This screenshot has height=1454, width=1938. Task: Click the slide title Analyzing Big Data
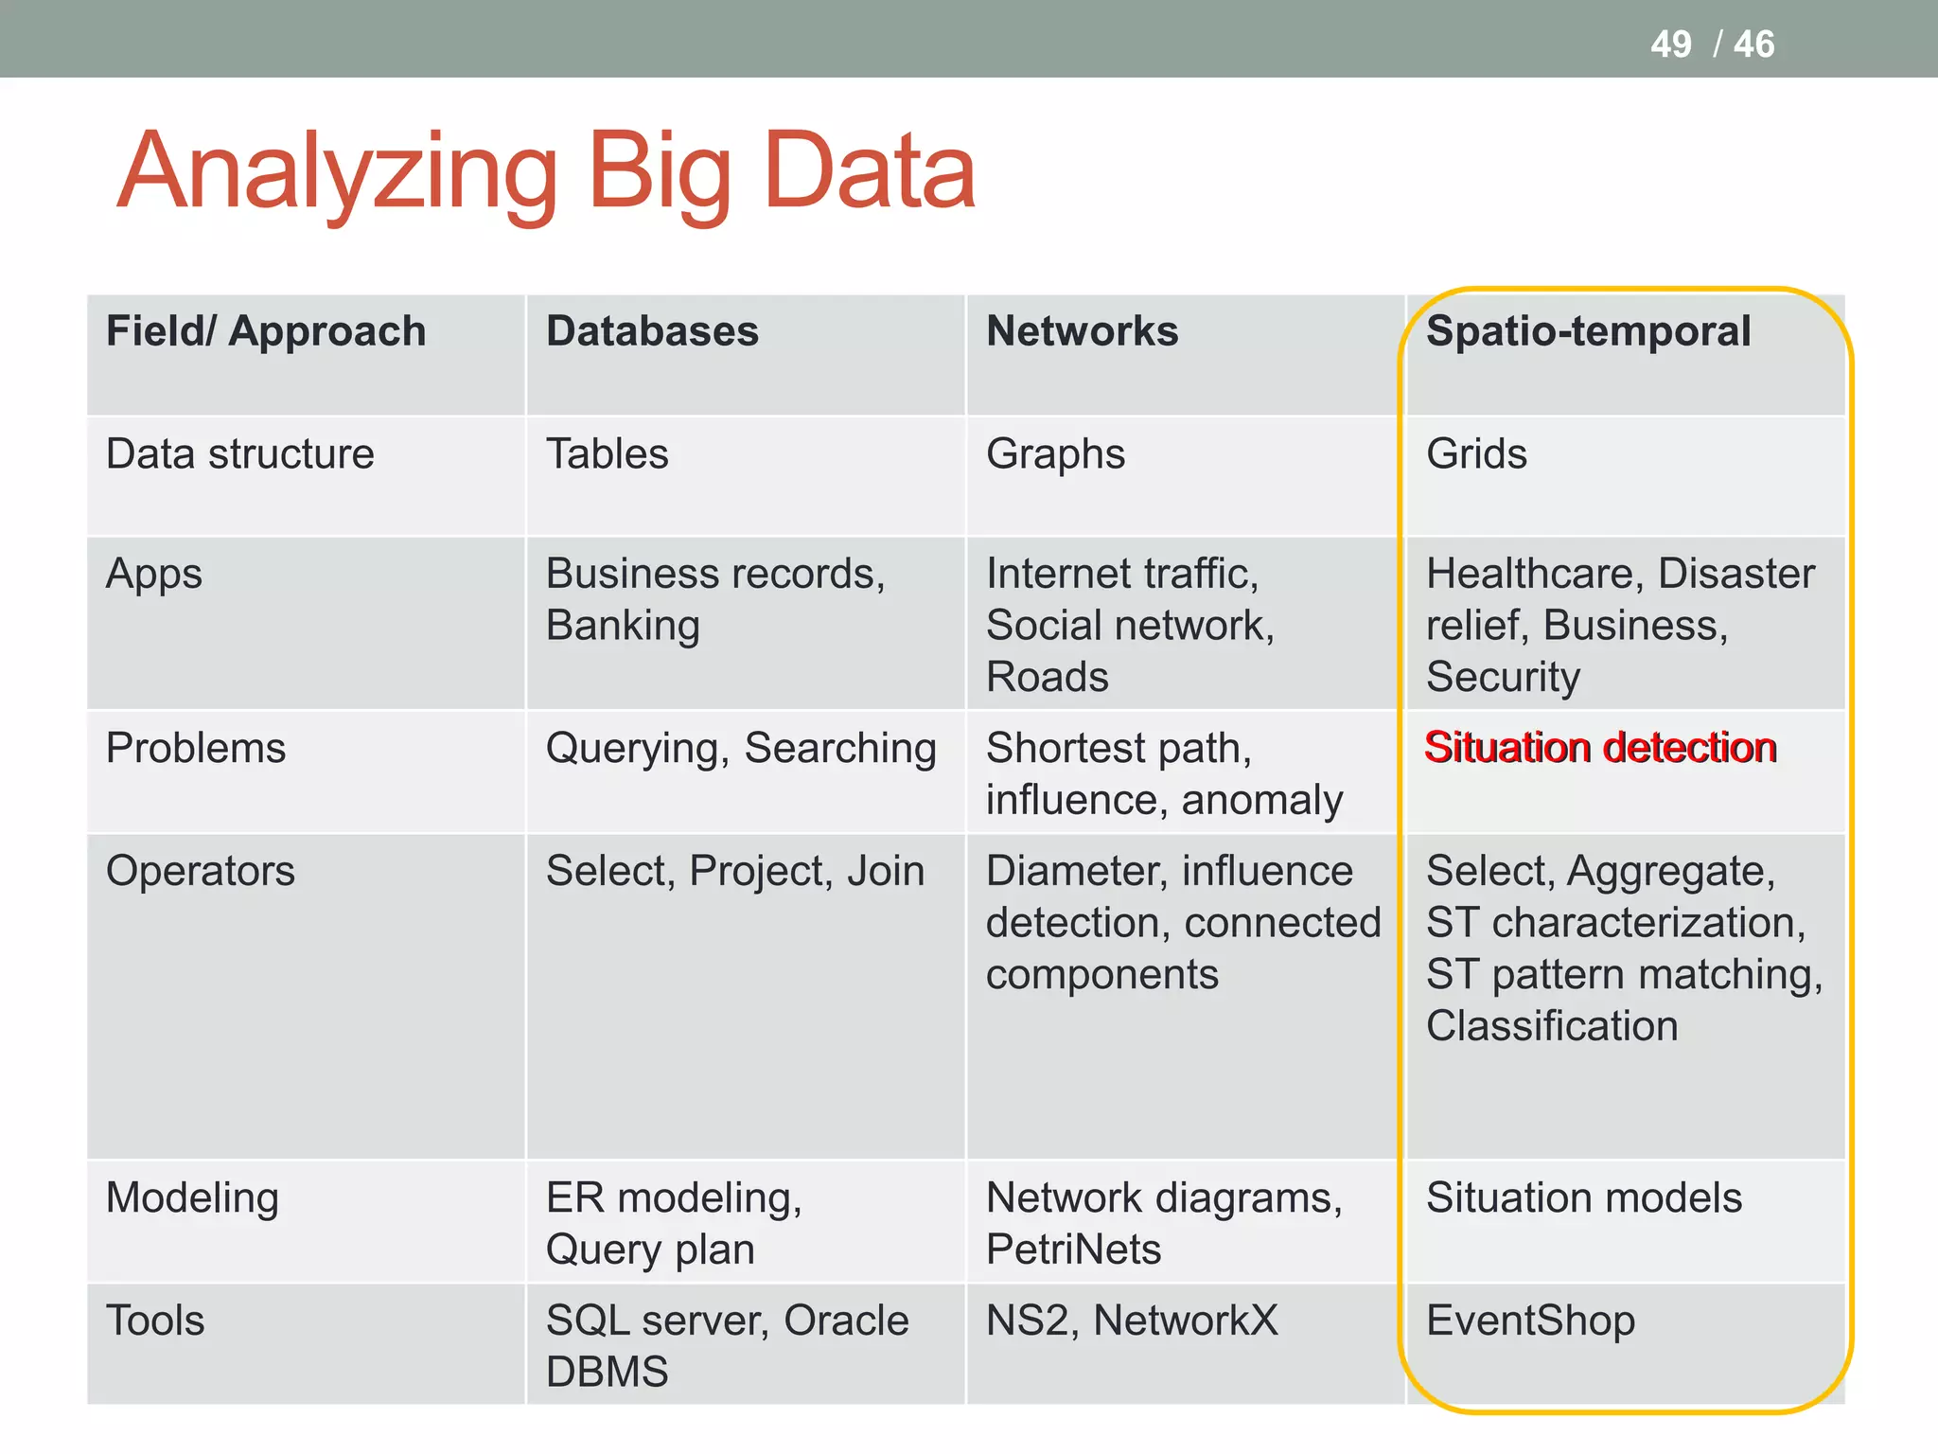pyautogui.click(x=546, y=172)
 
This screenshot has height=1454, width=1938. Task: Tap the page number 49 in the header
pyautogui.click(x=1670, y=44)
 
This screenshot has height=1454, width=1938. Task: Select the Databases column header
pyautogui.click(x=652, y=332)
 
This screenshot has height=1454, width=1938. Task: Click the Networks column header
pyautogui.click(x=1082, y=332)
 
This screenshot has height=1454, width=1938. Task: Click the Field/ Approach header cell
pyautogui.click(x=266, y=332)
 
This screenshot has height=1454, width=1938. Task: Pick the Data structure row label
pyautogui.click(x=240, y=454)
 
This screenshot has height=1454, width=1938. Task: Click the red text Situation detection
pyautogui.click(x=1600, y=748)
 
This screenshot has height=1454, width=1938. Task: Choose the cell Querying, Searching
pyautogui.click(x=741, y=749)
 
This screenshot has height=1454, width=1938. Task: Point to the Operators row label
pyautogui.click(x=201, y=871)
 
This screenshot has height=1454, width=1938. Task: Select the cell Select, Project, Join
pyautogui.click(x=735, y=871)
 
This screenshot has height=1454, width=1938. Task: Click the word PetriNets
pyautogui.click(x=1073, y=1250)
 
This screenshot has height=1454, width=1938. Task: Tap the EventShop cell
pyautogui.click(x=1530, y=1321)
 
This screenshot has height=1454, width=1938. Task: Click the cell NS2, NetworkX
pyautogui.click(x=1132, y=1321)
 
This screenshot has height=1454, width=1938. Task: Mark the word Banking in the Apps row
pyautogui.click(x=623, y=626)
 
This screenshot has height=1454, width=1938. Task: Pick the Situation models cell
pyautogui.click(x=1583, y=1198)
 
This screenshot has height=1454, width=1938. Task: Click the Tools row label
pyautogui.click(x=155, y=1321)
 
